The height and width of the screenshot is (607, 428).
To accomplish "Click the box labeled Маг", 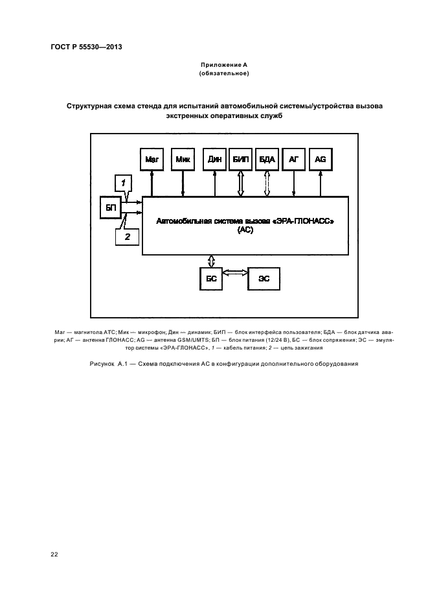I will click(152, 159).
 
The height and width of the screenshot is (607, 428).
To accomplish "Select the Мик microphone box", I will click(183, 159).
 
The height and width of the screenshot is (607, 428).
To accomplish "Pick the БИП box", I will click(241, 159).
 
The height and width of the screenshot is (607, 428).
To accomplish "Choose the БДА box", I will click(267, 159).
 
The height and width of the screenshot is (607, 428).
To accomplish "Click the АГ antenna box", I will click(294, 159).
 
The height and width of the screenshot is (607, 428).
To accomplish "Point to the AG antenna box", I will click(320, 159).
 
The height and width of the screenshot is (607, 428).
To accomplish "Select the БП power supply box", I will click(110, 209).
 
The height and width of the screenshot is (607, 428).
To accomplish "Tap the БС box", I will click(210, 278).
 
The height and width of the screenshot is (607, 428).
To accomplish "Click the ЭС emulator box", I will click(264, 278).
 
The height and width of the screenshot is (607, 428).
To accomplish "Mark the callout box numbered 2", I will click(128, 237).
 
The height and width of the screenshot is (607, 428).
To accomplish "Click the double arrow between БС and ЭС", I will click(235, 273).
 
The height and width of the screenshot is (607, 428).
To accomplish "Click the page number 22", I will click(54, 554).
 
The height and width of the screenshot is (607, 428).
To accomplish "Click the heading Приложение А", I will click(223, 65).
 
